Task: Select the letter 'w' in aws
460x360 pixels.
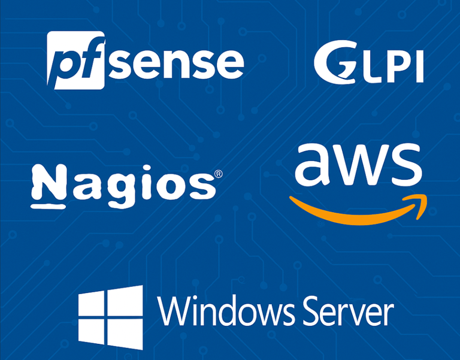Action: point(360,166)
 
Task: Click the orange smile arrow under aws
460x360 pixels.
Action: point(353,214)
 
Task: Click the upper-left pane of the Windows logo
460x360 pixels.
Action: point(95,304)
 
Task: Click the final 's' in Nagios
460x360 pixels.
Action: point(202,187)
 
